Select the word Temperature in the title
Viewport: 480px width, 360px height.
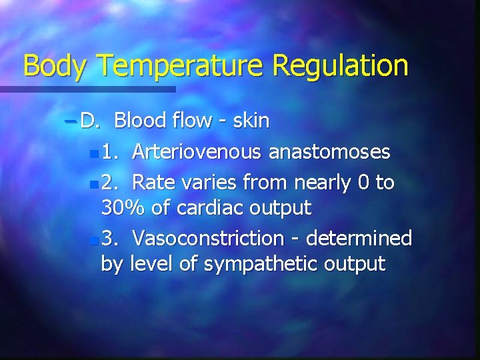[x=181, y=66]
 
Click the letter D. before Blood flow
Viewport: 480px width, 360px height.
[x=90, y=121]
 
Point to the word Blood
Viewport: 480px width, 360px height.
[x=139, y=121]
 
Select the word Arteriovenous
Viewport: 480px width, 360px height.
[x=197, y=152]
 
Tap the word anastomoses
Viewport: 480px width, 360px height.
[x=329, y=152]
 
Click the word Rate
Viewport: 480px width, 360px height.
[x=154, y=182]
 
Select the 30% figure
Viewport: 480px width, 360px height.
[x=123, y=208]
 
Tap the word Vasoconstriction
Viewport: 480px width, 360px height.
[x=208, y=237]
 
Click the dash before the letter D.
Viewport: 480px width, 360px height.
[x=71, y=121]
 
